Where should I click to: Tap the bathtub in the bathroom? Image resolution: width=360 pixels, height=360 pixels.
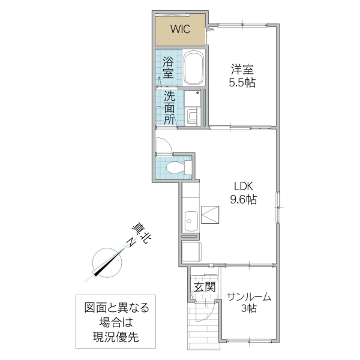tap(194, 69)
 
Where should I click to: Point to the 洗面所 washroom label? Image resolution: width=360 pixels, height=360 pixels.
tap(170, 107)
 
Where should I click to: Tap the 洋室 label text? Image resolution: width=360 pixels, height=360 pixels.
tap(242, 70)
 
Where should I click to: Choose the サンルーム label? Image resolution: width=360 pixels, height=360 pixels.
tap(249, 296)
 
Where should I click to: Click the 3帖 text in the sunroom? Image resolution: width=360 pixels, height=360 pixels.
tap(249, 309)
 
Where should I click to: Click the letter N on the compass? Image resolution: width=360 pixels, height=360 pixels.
tap(130, 243)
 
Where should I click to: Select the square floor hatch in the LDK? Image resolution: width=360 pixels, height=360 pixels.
tap(211, 215)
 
